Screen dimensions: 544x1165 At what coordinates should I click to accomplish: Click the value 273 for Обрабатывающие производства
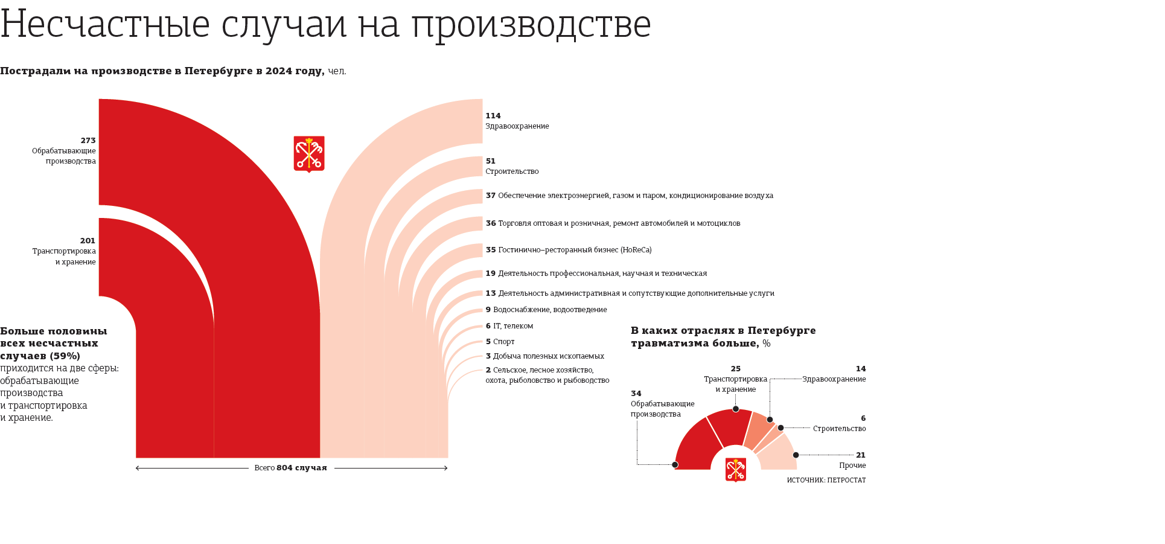pyautogui.click(x=88, y=141)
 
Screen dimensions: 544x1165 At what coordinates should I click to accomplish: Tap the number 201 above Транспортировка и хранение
pyautogui.click(x=88, y=241)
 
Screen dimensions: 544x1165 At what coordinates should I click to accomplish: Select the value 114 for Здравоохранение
pyautogui.click(x=493, y=116)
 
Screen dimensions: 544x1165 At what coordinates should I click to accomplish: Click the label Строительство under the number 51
pyautogui.click(x=512, y=171)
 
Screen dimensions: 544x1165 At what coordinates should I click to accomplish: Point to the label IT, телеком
pyautogui.click(x=513, y=326)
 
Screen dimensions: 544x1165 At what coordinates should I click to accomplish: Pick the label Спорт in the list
pyautogui.click(x=504, y=342)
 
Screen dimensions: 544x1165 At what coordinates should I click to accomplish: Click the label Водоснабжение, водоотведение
pyautogui.click(x=550, y=310)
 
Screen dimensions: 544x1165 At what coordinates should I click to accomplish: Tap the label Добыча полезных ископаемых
pyautogui.click(x=548, y=356)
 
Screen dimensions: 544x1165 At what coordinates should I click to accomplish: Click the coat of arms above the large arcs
pyautogui.click(x=309, y=154)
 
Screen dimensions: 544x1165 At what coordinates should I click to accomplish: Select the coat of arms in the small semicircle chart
pyautogui.click(x=735, y=470)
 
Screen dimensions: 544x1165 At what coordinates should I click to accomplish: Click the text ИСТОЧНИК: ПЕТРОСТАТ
pyautogui.click(x=826, y=481)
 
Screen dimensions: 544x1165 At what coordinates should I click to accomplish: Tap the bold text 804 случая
pyautogui.click(x=301, y=468)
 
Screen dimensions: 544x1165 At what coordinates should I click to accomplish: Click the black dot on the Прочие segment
pyautogui.click(x=796, y=455)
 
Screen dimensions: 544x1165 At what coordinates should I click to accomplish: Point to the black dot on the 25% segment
pyautogui.click(x=736, y=409)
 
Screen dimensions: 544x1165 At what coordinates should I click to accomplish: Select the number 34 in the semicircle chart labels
pyautogui.click(x=636, y=394)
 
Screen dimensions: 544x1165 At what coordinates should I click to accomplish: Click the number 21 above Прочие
pyautogui.click(x=861, y=455)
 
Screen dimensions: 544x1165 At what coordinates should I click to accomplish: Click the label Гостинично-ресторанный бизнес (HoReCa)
pyautogui.click(x=575, y=250)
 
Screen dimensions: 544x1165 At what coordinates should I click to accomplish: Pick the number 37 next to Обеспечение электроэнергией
pyautogui.click(x=491, y=196)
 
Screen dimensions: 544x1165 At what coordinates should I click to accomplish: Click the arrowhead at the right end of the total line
pyautogui.click(x=446, y=468)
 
